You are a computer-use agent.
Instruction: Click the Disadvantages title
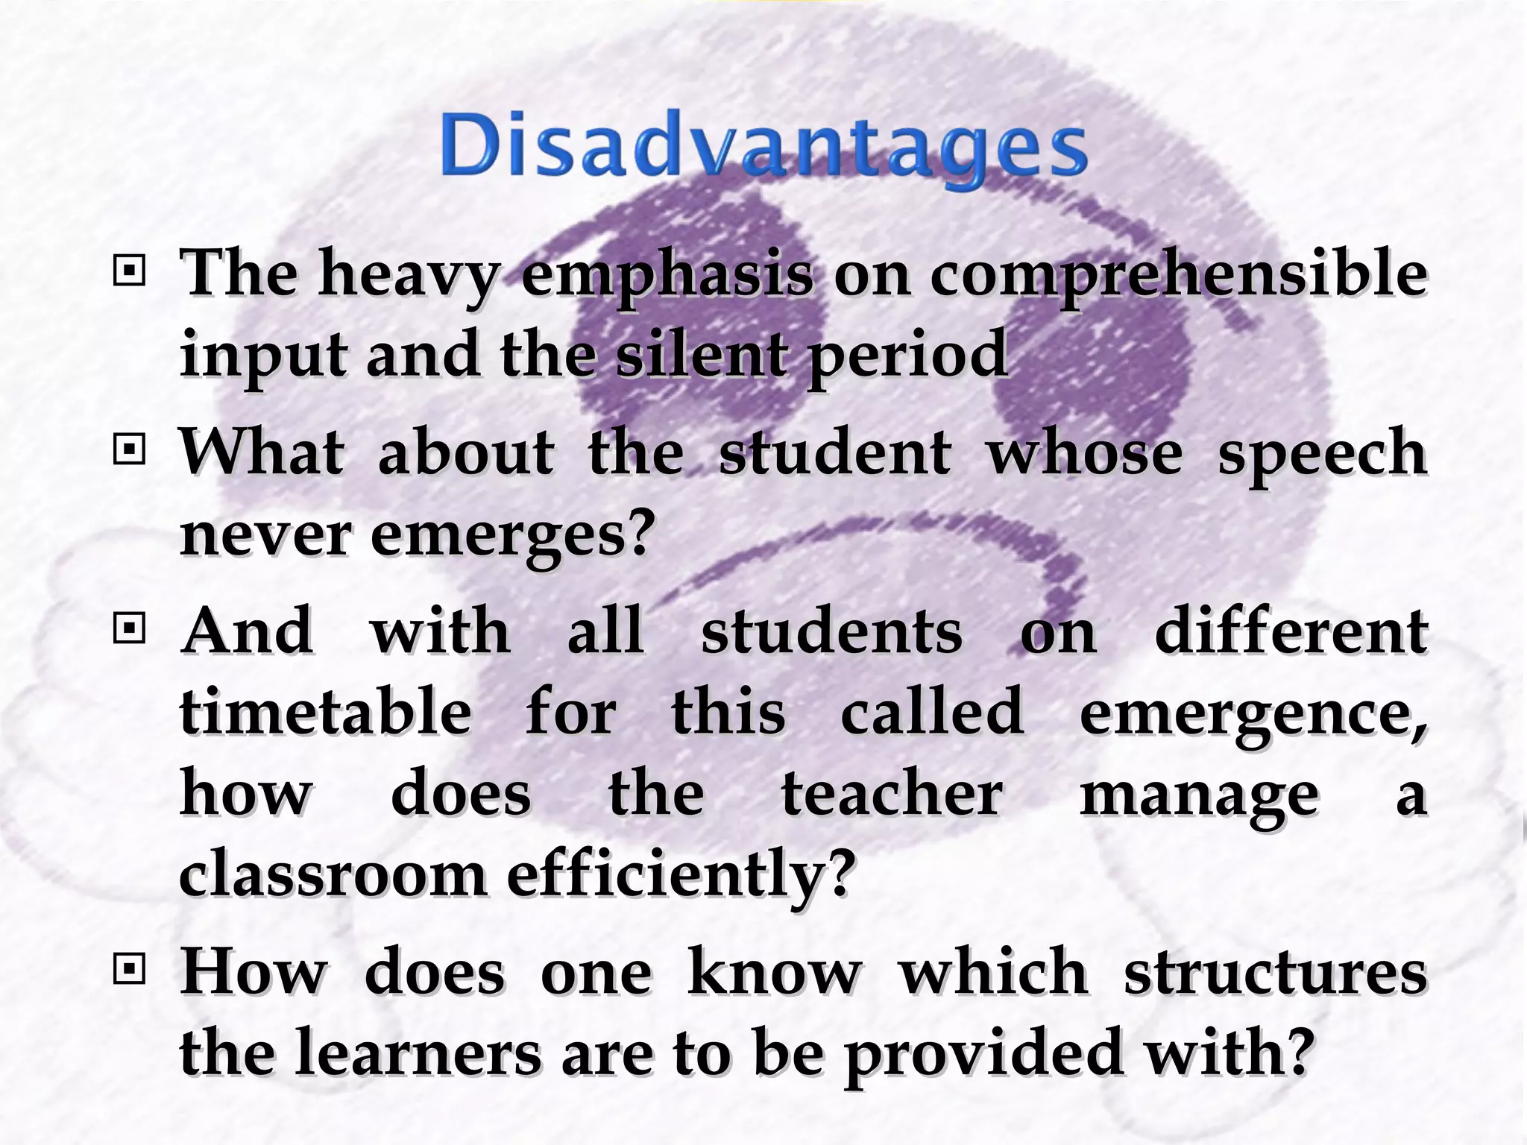pyautogui.click(x=763, y=146)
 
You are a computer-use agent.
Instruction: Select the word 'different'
pyautogui.click(x=1291, y=631)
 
